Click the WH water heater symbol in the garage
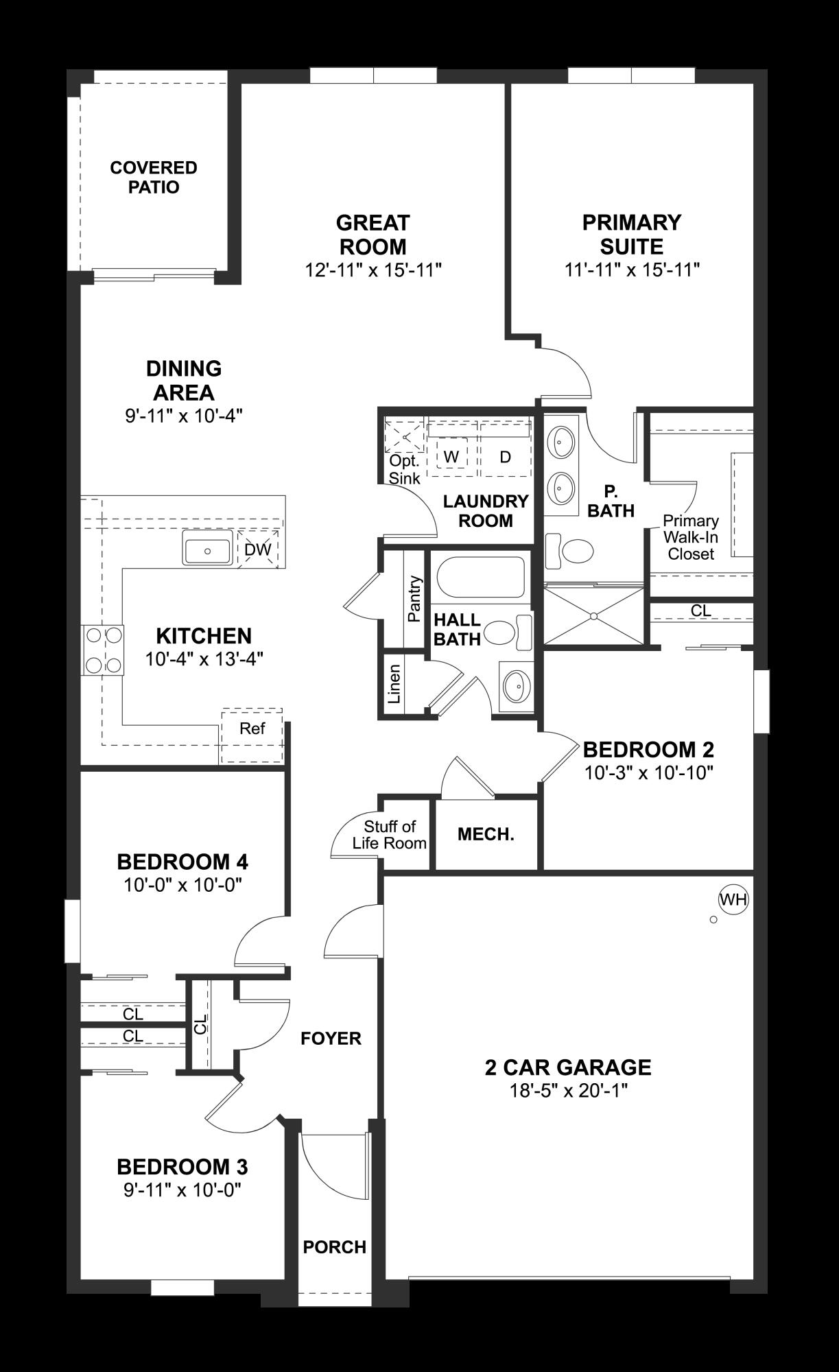[733, 899]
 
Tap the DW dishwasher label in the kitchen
[258, 549]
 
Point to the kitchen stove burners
[103, 650]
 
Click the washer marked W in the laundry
[451, 457]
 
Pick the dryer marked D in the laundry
[505, 457]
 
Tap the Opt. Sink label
[404, 469]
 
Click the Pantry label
[414, 599]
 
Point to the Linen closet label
[394, 684]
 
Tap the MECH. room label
[486, 835]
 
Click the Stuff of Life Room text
[390, 835]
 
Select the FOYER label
[331, 1039]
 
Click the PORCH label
[334, 1246]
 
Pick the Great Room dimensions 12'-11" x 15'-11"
[373, 270]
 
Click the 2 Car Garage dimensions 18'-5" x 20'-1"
[568, 1091]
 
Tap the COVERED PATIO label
[154, 177]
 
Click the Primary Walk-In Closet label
[691, 537]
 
